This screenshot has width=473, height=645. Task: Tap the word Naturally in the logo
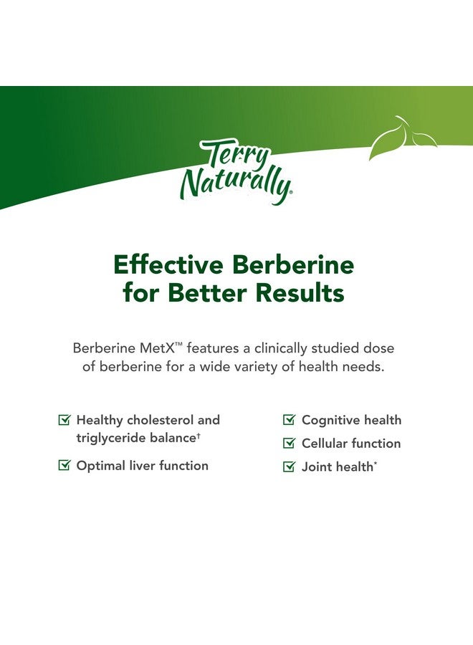(235, 183)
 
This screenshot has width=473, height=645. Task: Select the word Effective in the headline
(167, 264)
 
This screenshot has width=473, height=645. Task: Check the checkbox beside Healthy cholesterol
(64, 420)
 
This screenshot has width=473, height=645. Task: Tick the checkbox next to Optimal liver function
(64, 466)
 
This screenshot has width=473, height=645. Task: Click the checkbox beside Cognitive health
(290, 420)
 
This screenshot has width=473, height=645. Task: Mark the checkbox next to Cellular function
(290, 444)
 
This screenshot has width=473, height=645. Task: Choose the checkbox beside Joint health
(290, 467)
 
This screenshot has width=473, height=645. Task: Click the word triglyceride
(111, 437)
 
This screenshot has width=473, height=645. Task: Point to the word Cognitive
(330, 420)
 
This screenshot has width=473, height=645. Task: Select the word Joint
(317, 467)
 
